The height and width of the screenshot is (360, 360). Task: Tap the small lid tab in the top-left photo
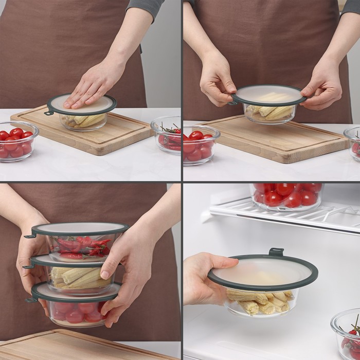pyautogui.click(x=48, y=112)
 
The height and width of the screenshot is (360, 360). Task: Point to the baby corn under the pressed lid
pyautogui.click(x=85, y=120)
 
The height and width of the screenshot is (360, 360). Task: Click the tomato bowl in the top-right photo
pyautogui.click(x=201, y=146)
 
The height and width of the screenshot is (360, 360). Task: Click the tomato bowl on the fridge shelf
pyautogui.click(x=286, y=196)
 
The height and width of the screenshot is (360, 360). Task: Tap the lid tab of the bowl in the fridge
pyautogui.click(x=276, y=252)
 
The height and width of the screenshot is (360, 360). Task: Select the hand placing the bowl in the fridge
pyautogui.click(x=203, y=280)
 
